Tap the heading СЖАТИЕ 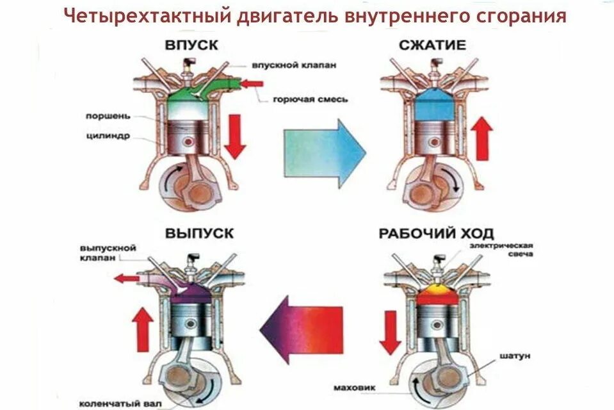432,46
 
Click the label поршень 108,117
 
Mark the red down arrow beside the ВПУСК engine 235,136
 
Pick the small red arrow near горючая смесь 252,83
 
